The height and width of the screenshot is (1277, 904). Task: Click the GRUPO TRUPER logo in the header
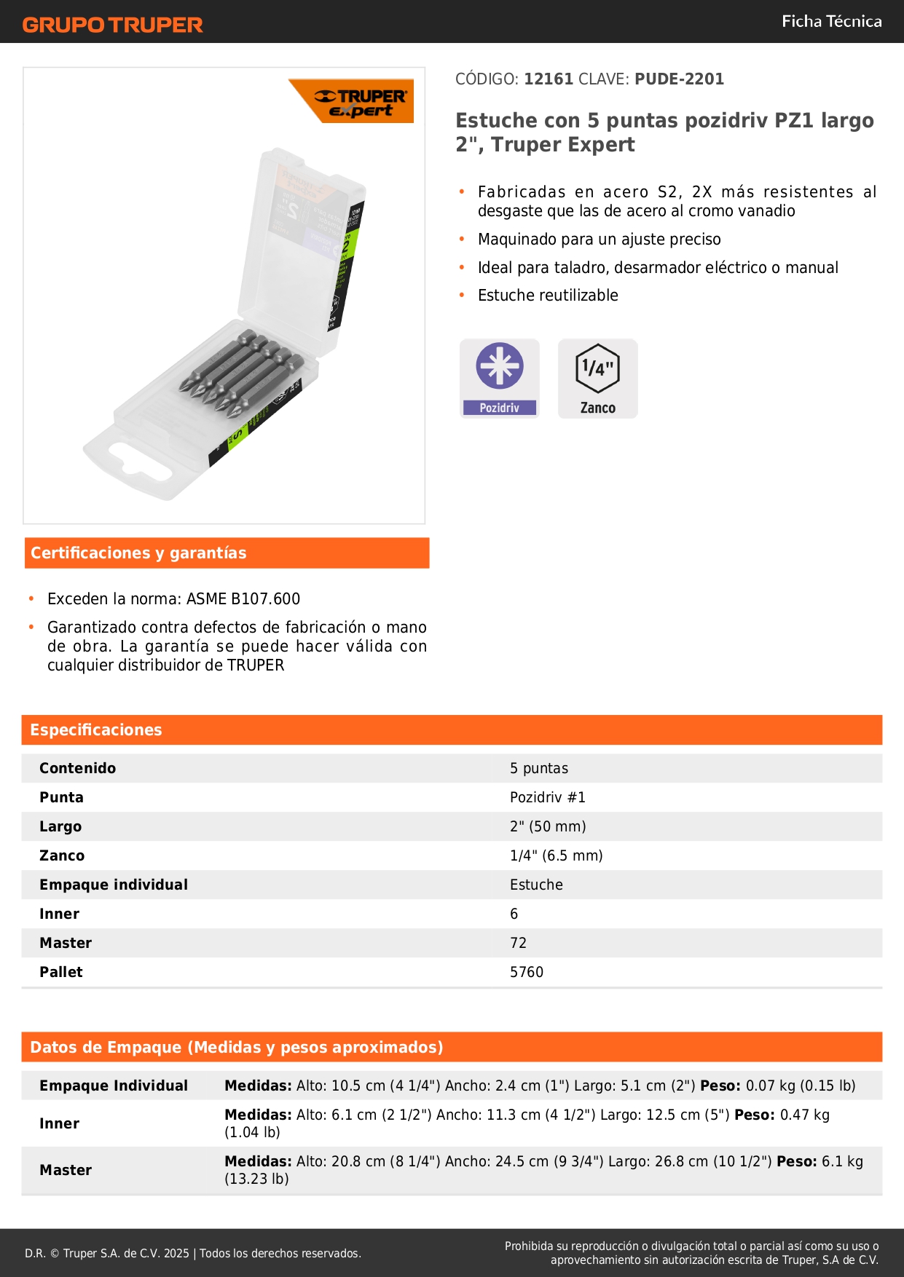[x=112, y=25]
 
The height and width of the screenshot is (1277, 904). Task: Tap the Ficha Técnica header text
[x=831, y=22]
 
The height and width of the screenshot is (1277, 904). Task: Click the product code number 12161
[x=549, y=79]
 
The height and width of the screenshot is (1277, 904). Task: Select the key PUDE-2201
[x=679, y=79]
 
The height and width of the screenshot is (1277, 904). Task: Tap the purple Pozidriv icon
[x=500, y=378]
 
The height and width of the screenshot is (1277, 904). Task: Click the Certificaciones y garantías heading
[x=138, y=553]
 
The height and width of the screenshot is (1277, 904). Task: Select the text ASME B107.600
[x=243, y=599]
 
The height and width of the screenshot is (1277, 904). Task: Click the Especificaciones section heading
[x=96, y=730]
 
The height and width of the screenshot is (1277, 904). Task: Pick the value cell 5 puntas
[x=539, y=769]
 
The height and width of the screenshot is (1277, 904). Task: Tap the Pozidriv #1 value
[x=548, y=798]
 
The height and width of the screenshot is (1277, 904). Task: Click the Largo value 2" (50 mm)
[x=548, y=827]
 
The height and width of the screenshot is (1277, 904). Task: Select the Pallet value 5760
[x=527, y=973]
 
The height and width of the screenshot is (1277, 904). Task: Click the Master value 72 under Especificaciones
[x=518, y=944]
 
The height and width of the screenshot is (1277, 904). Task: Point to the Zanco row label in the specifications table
[x=62, y=856]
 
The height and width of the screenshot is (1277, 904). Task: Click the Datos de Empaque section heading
[x=237, y=1048]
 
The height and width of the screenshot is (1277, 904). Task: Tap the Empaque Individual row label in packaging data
[x=114, y=1086]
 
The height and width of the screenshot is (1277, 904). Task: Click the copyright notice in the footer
[x=193, y=1254]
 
